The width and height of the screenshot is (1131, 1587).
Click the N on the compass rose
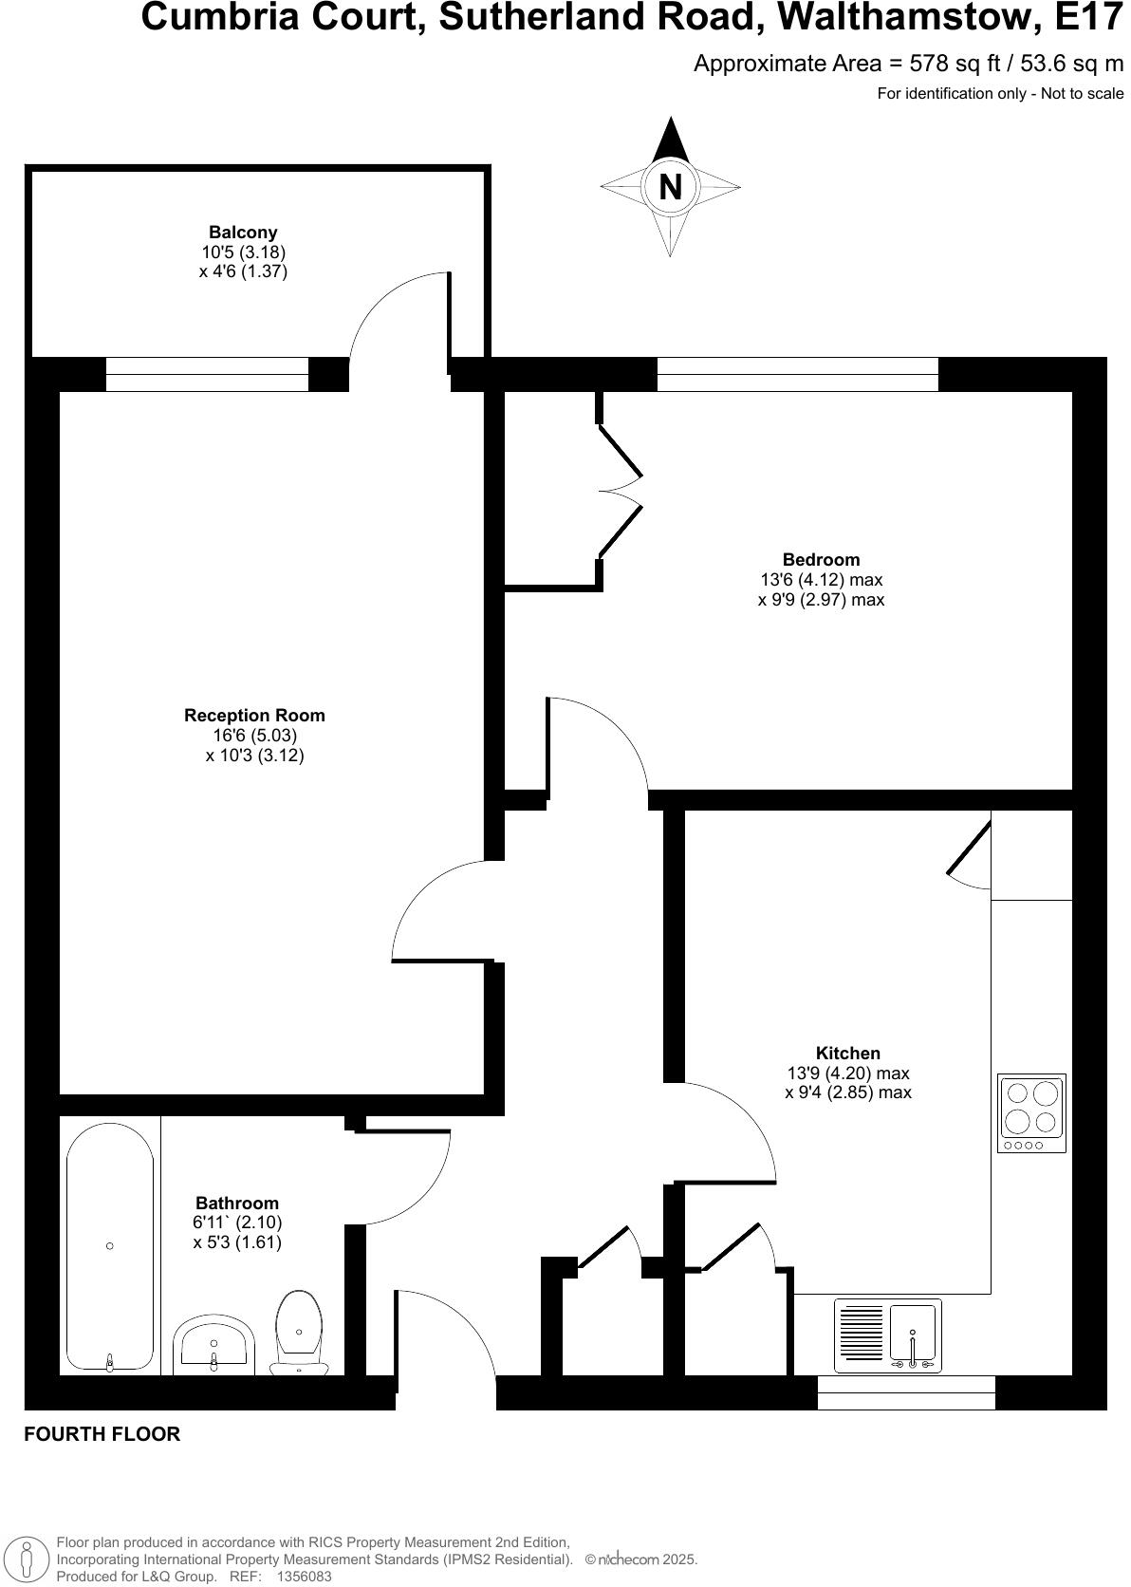pyautogui.click(x=670, y=187)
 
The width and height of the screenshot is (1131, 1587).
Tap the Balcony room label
pyautogui.click(x=243, y=233)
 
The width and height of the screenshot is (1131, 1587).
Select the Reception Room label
pyautogui.click(x=254, y=716)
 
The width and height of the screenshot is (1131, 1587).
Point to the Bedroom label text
pyautogui.click(x=821, y=560)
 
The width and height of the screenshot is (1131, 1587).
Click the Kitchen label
pyautogui.click(x=848, y=1053)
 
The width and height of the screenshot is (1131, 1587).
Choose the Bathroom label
pyautogui.click(x=237, y=1203)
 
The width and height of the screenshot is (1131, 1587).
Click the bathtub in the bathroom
pyautogui.click(x=110, y=1245)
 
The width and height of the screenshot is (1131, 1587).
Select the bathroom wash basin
pyautogui.click(x=213, y=1343)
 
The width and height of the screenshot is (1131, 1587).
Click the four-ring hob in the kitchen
pyautogui.click(x=1031, y=1113)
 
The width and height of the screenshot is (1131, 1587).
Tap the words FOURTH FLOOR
pyautogui.click(x=102, y=1434)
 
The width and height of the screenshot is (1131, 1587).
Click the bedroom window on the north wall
pyautogui.click(x=797, y=374)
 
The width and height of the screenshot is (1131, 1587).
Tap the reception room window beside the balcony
pyautogui.click(x=207, y=374)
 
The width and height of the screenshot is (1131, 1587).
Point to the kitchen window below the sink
pyautogui.click(x=906, y=1392)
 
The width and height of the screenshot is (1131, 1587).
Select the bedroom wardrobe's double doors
pyautogui.click(x=621, y=490)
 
